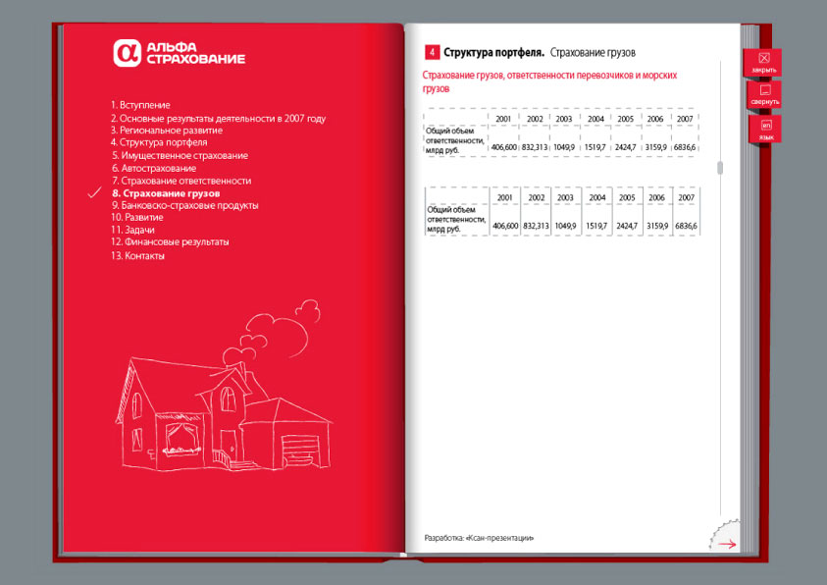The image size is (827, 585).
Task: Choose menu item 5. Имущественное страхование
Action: (180, 155)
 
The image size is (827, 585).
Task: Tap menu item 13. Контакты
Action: (137, 256)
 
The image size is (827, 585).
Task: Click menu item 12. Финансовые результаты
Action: (170, 241)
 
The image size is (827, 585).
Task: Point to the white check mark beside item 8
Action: (95, 193)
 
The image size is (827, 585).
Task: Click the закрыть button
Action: (763, 63)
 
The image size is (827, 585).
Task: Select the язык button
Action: (765, 130)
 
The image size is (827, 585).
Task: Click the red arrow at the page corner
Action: (727, 543)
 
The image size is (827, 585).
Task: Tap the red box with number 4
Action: (432, 52)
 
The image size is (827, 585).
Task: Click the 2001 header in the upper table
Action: (503, 119)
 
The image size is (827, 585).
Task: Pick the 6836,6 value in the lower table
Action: (685, 226)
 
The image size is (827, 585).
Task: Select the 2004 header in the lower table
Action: (596, 198)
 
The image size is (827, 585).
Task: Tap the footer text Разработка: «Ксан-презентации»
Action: (479, 538)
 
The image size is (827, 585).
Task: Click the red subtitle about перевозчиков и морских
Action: (550, 81)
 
